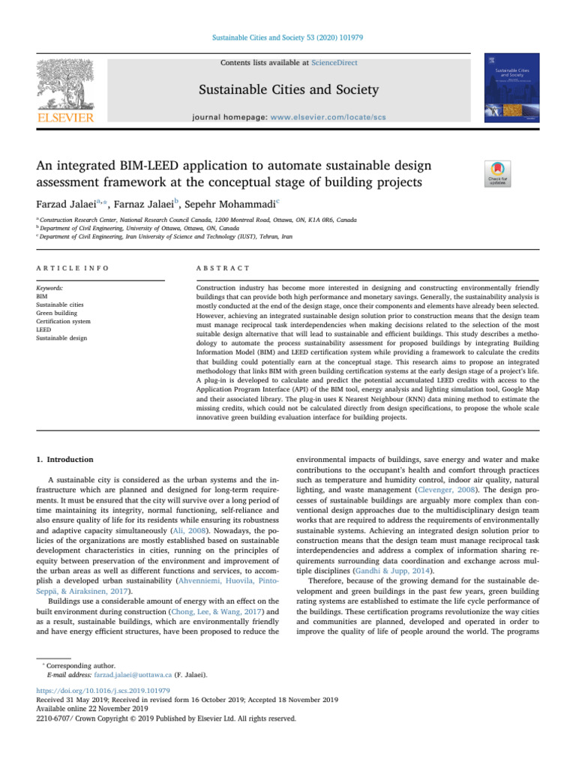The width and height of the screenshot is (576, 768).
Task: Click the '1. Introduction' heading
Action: tap(62, 459)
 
